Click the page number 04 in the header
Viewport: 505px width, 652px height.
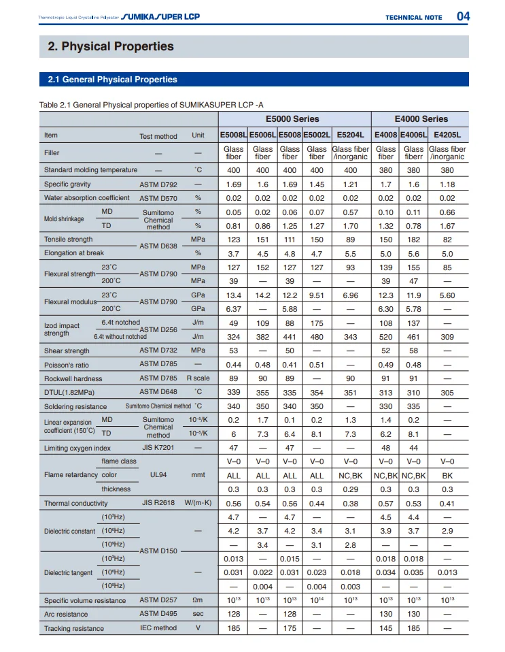pos(462,16)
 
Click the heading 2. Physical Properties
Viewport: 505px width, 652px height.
pos(111,46)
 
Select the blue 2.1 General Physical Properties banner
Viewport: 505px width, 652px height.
pos(112,80)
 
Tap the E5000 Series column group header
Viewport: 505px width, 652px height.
pos(294,119)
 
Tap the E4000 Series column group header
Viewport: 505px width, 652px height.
pos(421,119)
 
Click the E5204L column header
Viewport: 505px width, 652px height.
pos(350,135)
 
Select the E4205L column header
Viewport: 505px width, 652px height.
pos(447,135)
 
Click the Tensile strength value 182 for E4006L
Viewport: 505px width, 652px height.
pos(413,240)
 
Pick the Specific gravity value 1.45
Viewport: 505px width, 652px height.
pos(317,184)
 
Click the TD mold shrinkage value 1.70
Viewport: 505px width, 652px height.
pos(350,225)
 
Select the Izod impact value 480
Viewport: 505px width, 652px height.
pos(317,336)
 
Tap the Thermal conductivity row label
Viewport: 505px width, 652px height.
pos(76,504)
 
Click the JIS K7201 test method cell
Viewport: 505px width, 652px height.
pos(158,448)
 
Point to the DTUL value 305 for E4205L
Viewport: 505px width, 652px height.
pos(447,392)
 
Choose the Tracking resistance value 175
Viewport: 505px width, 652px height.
pos(290,628)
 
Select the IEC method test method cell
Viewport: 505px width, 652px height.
pos(158,628)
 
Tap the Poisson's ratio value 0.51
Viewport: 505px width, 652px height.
pos(317,364)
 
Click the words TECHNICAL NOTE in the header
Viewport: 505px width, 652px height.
pos(413,18)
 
